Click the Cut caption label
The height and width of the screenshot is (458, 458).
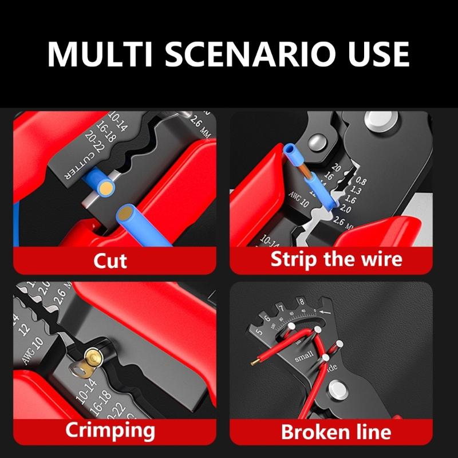pyautogui.click(x=110, y=260)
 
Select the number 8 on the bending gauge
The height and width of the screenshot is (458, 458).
pyautogui.click(x=301, y=302)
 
